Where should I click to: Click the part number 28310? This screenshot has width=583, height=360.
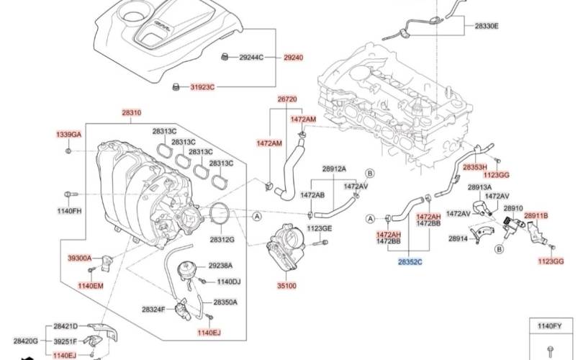pos(131,113)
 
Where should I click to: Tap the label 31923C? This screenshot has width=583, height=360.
pos(202,87)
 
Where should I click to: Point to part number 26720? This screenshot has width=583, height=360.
pos(287,99)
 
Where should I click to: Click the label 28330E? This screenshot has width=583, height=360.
pos(486,26)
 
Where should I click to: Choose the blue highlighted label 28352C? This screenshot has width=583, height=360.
pos(410,264)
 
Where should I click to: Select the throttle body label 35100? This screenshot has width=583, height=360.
pos(286,286)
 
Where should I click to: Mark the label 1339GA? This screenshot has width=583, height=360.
pos(69,135)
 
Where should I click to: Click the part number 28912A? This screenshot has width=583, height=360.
pos(333,168)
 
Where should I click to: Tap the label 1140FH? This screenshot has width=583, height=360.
pos(70,210)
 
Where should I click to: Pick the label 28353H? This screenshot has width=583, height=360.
pos(475,167)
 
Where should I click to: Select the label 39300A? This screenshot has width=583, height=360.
pos(80,257)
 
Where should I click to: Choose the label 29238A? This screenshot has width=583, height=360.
pos(220,265)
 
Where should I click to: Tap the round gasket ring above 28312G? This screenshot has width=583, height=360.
pos(220,214)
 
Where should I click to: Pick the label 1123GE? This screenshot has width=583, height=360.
pos(320,228)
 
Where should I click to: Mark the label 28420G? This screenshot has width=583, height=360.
pos(25,341)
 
